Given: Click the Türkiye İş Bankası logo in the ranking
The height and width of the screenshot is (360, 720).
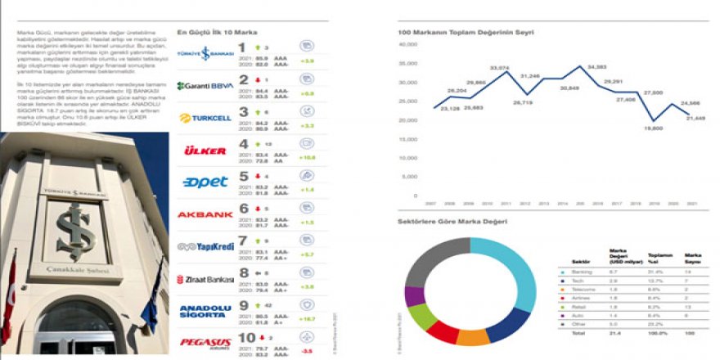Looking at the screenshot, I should pos(195,52).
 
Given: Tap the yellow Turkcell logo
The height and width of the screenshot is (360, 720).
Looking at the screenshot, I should pos(195,118).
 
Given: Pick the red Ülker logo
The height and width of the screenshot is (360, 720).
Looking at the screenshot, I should pos(194,151).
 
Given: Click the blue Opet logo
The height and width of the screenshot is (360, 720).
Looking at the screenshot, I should pos(194,182).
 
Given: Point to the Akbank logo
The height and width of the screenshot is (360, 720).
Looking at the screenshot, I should pos(195,214).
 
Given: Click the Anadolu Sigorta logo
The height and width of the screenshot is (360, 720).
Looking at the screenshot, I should pos(195,309).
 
